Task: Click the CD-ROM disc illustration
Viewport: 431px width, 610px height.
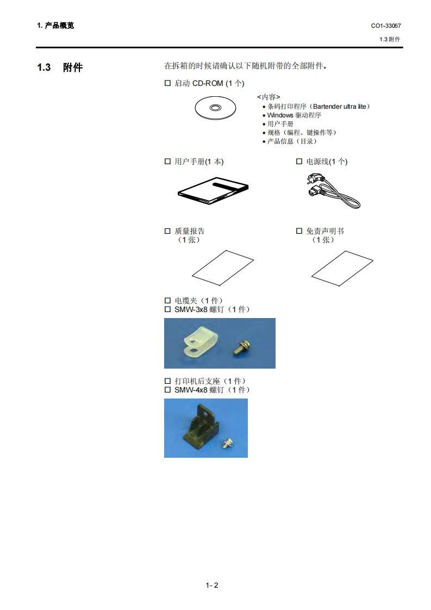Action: [215, 108]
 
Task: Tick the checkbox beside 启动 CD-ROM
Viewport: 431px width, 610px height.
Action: [167, 83]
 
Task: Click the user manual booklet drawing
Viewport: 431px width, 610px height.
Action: [213, 190]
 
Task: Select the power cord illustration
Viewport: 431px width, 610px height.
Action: [333, 191]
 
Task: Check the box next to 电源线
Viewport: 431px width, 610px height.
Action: [299, 161]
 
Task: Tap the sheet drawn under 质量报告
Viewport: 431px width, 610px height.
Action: [223, 267]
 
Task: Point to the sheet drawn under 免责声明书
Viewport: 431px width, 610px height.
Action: [342, 268]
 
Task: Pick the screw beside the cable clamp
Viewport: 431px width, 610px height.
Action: [241, 347]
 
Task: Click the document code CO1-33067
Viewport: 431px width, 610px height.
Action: [386, 26]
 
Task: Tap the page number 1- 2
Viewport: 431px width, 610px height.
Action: [212, 585]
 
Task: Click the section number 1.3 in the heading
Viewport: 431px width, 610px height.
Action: [44, 67]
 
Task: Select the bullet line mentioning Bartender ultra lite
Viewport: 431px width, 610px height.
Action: [316, 107]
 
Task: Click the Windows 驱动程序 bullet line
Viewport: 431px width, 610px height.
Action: [292, 115]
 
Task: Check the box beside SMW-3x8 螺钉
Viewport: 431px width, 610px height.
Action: [167, 309]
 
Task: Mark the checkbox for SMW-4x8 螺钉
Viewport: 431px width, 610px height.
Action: [167, 390]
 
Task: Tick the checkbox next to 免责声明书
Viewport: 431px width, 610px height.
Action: [299, 231]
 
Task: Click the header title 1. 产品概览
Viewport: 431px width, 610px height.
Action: [55, 26]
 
